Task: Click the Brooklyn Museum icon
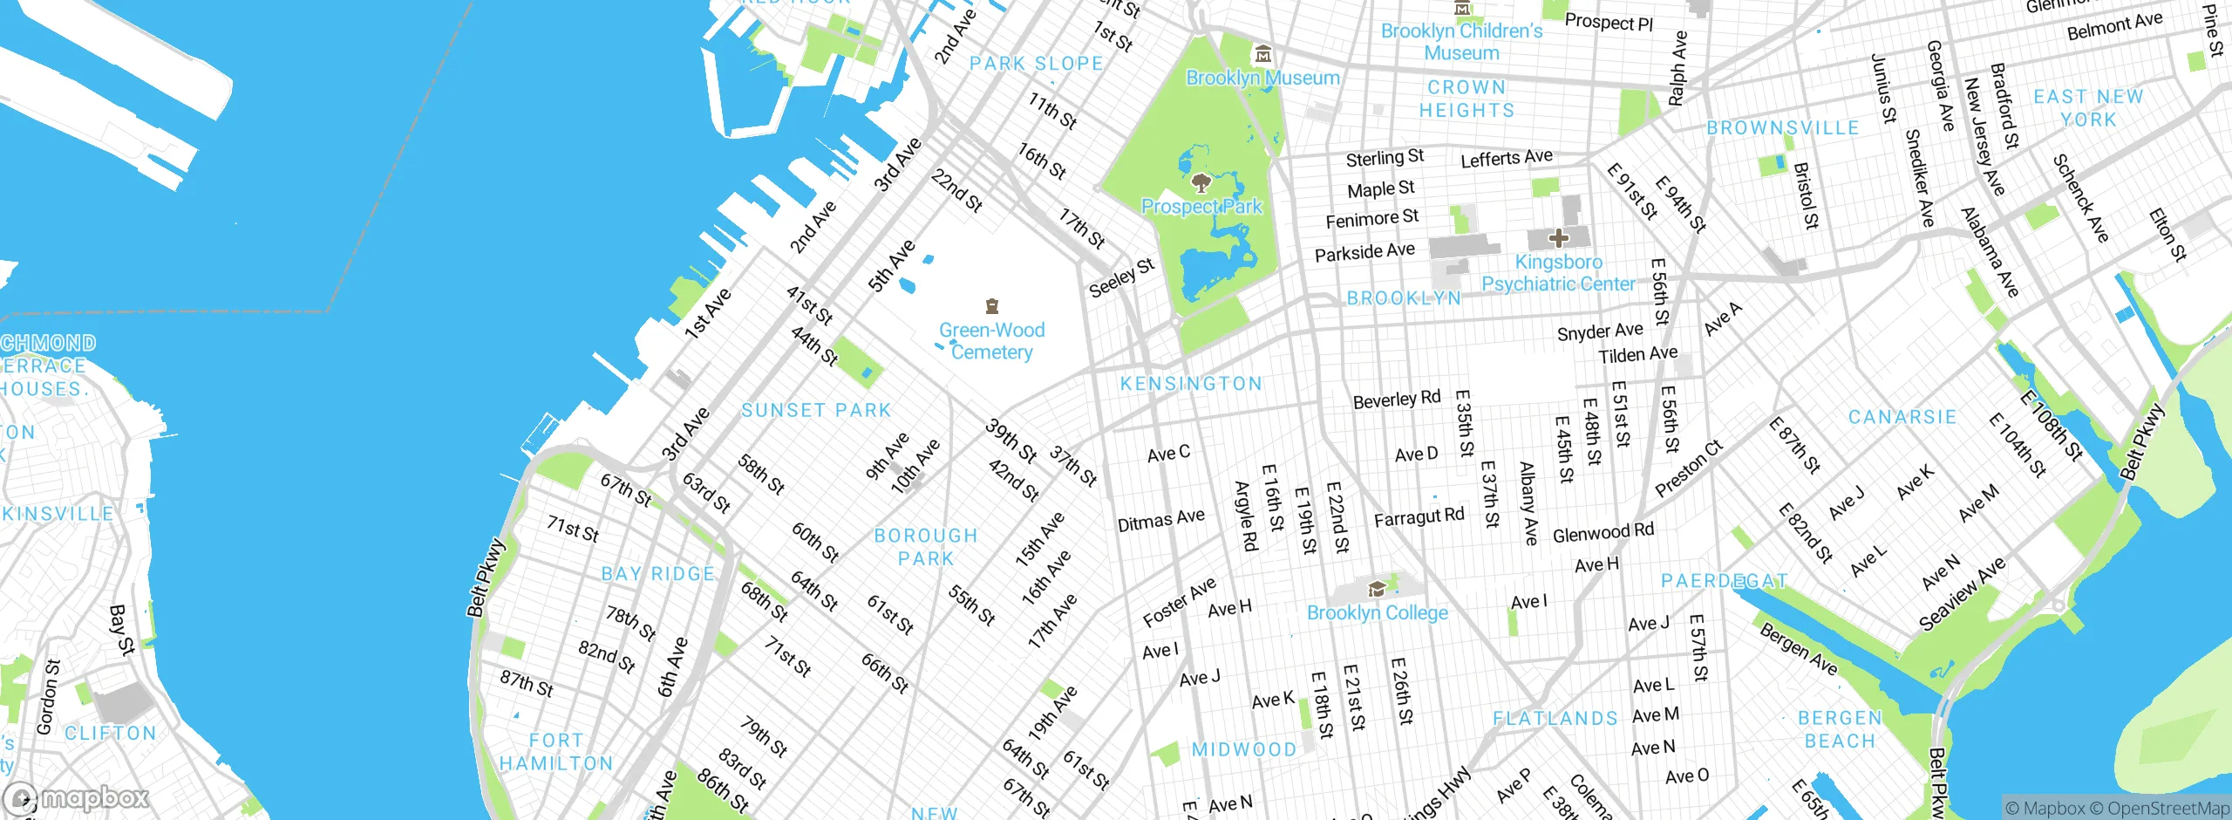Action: click(x=1262, y=55)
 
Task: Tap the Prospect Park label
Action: click(x=1201, y=207)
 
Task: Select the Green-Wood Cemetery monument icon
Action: click(x=991, y=306)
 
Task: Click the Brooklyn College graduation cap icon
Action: click(x=1377, y=590)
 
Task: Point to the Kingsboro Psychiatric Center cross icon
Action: click(x=1559, y=237)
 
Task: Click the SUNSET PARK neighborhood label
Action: click(x=816, y=410)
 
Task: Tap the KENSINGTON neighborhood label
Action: click(x=1191, y=384)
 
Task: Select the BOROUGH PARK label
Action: click(x=926, y=547)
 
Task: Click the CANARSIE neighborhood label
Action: click(x=1902, y=417)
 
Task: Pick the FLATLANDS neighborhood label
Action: click(x=1555, y=719)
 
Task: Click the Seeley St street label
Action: click(x=1121, y=277)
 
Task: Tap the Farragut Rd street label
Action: click(x=1419, y=517)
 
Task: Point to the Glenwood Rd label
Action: click(x=1603, y=532)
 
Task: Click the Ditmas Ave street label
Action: click(x=1160, y=521)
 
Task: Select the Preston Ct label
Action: click(x=1689, y=468)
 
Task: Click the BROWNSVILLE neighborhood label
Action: click(x=1782, y=128)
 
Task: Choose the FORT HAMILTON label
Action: click(x=556, y=752)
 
